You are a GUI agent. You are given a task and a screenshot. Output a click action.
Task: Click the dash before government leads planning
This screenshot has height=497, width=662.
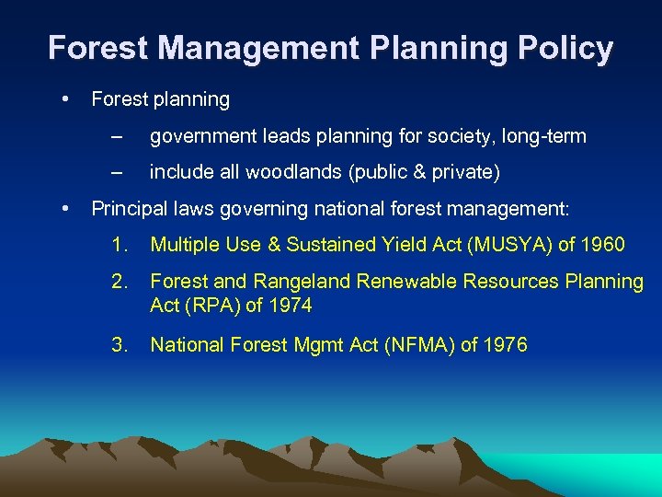[115, 137]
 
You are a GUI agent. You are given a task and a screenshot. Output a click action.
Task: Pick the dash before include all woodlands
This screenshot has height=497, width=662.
[115, 171]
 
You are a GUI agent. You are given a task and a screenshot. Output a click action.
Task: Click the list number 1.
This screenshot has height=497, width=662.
[119, 244]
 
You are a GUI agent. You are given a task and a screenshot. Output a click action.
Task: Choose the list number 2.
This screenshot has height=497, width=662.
[119, 282]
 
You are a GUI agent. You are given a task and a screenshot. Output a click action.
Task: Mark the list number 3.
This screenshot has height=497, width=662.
[119, 345]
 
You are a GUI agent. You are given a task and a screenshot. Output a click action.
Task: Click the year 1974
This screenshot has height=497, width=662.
[291, 306]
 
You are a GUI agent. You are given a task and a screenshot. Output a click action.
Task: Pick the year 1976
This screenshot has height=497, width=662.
[506, 345]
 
